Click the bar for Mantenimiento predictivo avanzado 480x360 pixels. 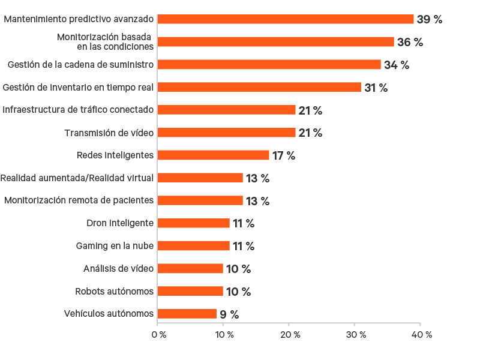pyautogui.click(x=286, y=19)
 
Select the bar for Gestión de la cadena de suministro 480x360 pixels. pyautogui.click(x=269, y=65)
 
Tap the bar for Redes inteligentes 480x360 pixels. pyautogui.click(x=213, y=155)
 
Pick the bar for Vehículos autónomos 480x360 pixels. pyautogui.click(x=187, y=314)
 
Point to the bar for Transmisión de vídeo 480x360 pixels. pyautogui.click(x=226, y=133)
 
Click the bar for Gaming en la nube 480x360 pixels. pyautogui.click(x=193, y=246)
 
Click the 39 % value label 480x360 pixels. pyautogui.click(x=429, y=19)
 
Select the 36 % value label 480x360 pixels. pyautogui.click(x=410, y=42)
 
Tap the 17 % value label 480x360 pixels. pyautogui.click(x=284, y=155)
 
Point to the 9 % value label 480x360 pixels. pyautogui.click(x=229, y=314)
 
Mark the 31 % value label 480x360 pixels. pyautogui.click(x=376, y=88)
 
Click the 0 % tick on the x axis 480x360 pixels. pyautogui.click(x=158, y=334)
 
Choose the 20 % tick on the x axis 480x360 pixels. pyautogui.click(x=289, y=334)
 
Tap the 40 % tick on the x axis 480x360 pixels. pyautogui.click(x=420, y=334)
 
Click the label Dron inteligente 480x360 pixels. pyautogui.click(x=120, y=223)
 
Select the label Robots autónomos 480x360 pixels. pyautogui.click(x=114, y=292)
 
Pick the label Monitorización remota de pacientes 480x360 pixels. pyautogui.click(x=79, y=200)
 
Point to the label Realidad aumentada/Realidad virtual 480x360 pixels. pyautogui.click(x=77, y=178)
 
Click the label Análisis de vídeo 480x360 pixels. pyautogui.click(x=118, y=269)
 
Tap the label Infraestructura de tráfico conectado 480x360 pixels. pyautogui.click(x=78, y=110)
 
